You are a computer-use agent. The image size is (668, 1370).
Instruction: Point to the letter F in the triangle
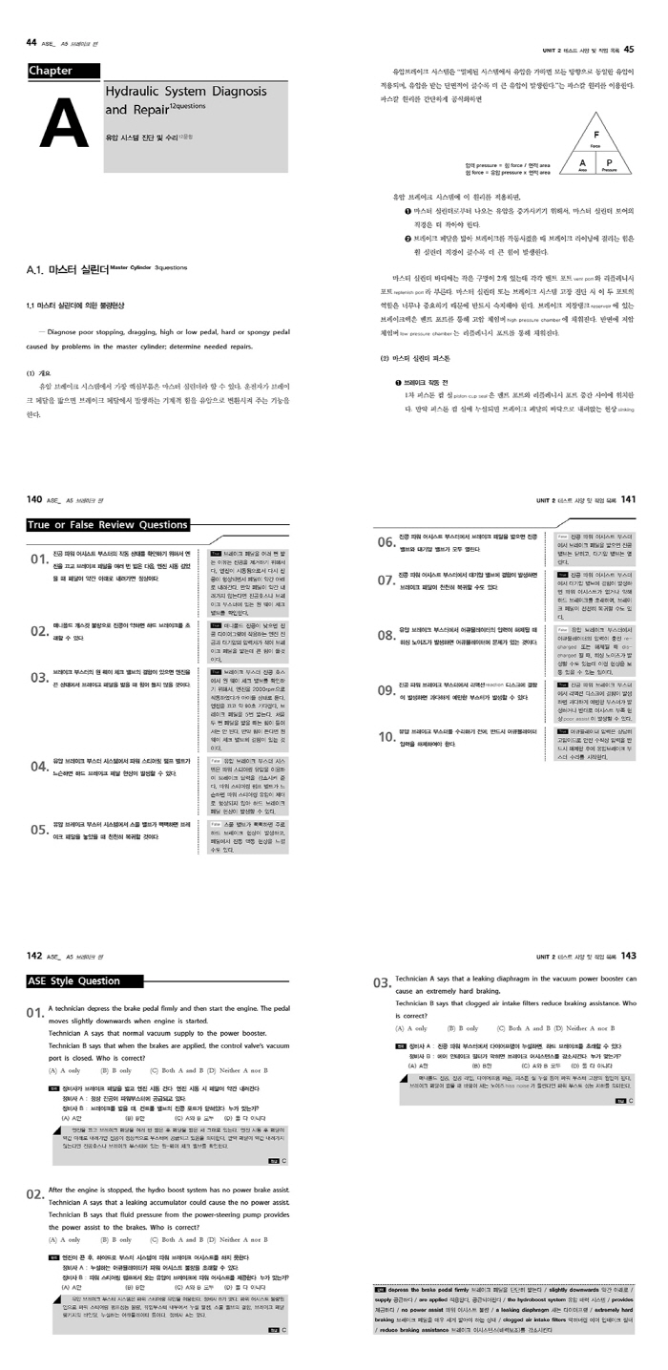pyautogui.click(x=595, y=135)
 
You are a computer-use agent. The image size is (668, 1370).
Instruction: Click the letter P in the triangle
pyautogui.click(x=609, y=163)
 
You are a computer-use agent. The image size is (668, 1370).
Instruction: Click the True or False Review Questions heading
pyautogui.click(x=108, y=524)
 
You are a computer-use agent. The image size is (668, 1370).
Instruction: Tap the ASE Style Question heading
pyautogui.click(x=73, y=980)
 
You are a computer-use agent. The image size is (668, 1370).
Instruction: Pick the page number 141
pyautogui.click(x=628, y=498)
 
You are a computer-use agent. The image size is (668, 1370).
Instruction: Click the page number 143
pyautogui.click(x=628, y=956)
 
